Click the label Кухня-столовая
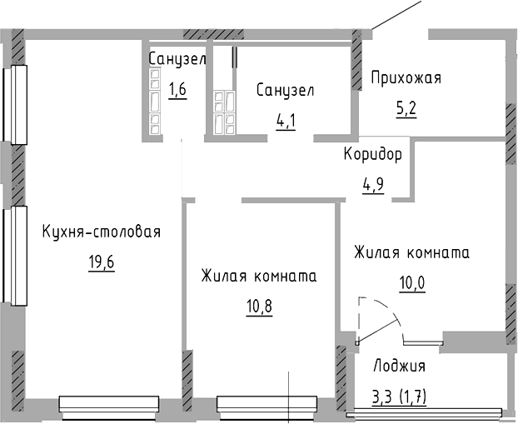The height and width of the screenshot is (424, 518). (x=101, y=232)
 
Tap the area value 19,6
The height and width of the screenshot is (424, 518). (x=102, y=263)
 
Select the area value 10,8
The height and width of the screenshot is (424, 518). (x=259, y=305)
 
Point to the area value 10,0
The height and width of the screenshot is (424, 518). (x=411, y=282)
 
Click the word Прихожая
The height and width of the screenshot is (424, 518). (x=406, y=78)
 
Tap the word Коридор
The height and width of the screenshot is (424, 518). (x=373, y=154)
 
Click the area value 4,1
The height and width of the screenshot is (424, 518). (x=286, y=120)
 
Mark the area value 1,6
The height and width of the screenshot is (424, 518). (x=177, y=89)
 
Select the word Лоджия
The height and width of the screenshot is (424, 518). (x=399, y=366)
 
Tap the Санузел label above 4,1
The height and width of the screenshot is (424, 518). (x=286, y=90)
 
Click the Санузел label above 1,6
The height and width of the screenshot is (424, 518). (x=177, y=59)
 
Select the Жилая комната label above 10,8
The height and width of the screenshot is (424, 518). (x=259, y=276)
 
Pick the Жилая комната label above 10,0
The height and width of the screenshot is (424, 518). (x=411, y=252)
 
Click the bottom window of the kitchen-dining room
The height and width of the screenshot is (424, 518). (x=108, y=404)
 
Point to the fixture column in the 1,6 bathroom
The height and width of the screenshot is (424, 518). (x=155, y=100)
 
